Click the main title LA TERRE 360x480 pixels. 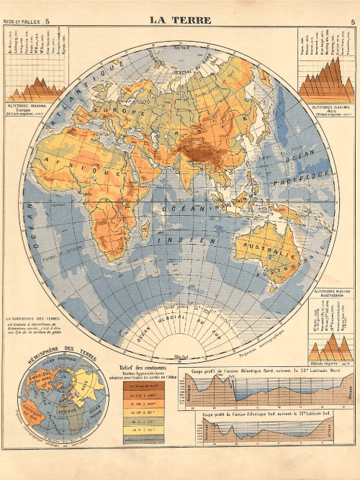pyautogui.click(x=179, y=19)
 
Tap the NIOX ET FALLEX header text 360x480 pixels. pyautogui.click(x=21, y=22)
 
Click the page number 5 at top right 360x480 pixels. pyautogui.click(x=352, y=22)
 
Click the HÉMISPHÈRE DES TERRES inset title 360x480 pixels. pyautogui.click(x=54, y=351)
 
